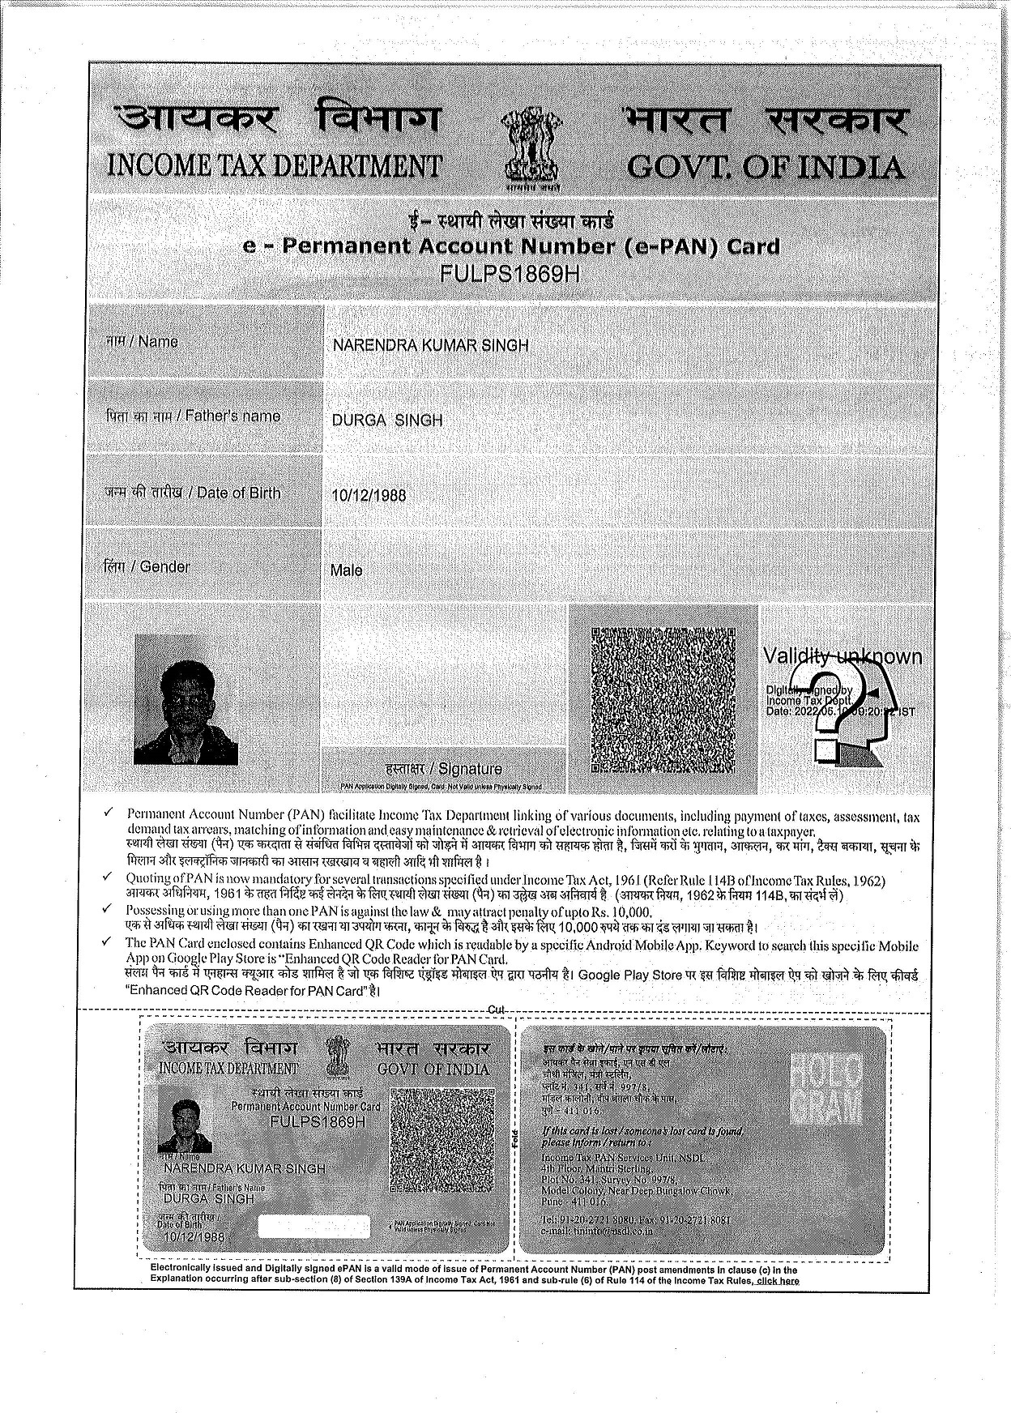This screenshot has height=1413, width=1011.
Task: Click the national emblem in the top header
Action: click(531, 147)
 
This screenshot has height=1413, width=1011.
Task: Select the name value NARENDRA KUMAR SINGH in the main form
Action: click(430, 346)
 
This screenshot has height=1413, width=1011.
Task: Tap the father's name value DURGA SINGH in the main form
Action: click(387, 420)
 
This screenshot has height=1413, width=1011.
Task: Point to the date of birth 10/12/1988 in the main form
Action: click(369, 495)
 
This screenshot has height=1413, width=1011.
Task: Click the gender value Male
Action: click(346, 570)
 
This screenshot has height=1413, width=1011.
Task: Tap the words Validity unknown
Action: click(842, 656)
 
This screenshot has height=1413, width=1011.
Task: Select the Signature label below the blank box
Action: click(444, 769)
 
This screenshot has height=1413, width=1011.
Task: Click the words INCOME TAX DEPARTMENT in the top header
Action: click(274, 166)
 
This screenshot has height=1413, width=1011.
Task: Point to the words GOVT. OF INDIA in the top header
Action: click(766, 168)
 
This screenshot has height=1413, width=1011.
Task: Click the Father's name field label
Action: click(194, 416)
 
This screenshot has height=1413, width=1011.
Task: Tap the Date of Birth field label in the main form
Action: click(192, 493)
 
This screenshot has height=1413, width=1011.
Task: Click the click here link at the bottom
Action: click(777, 1281)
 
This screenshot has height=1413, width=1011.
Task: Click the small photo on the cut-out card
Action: click(191, 1125)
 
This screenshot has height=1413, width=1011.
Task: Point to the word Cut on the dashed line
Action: click(496, 1009)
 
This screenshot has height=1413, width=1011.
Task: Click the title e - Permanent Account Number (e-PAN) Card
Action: click(511, 246)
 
